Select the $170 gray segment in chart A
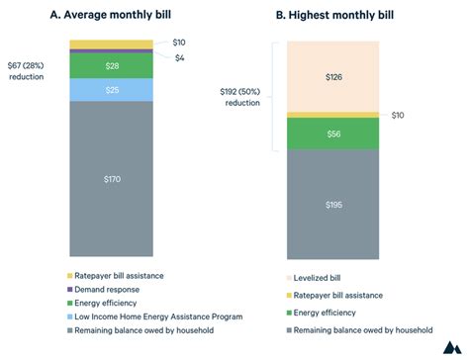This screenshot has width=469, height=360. tap(111, 179)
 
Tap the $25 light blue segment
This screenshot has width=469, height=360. tap(111, 90)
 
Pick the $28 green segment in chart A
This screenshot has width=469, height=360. tap(111, 64)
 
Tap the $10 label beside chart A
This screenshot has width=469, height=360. tap(178, 43)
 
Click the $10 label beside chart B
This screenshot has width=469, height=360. tap(399, 116)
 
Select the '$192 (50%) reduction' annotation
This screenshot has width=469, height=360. tap(241, 97)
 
